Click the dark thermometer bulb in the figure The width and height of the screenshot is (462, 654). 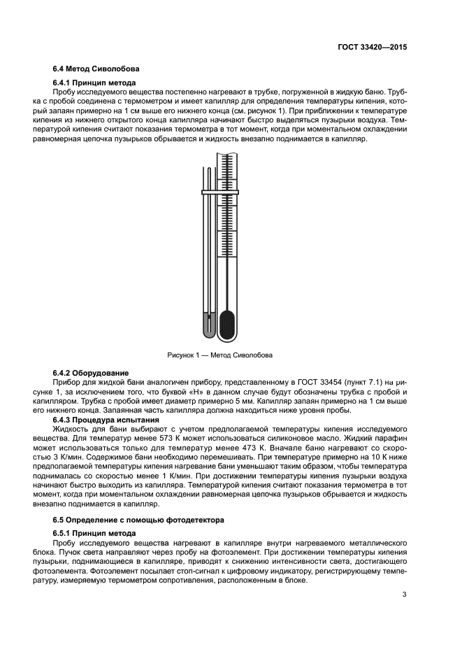(227, 325)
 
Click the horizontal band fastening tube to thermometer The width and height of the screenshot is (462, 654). (220, 191)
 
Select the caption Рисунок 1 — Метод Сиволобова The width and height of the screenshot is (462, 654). (219, 355)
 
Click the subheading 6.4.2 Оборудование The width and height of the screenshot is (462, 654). (89, 373)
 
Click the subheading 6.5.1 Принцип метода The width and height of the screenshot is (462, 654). (91, 533)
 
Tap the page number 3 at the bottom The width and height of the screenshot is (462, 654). (404, 595)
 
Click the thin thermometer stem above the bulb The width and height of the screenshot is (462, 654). (227, 266)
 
